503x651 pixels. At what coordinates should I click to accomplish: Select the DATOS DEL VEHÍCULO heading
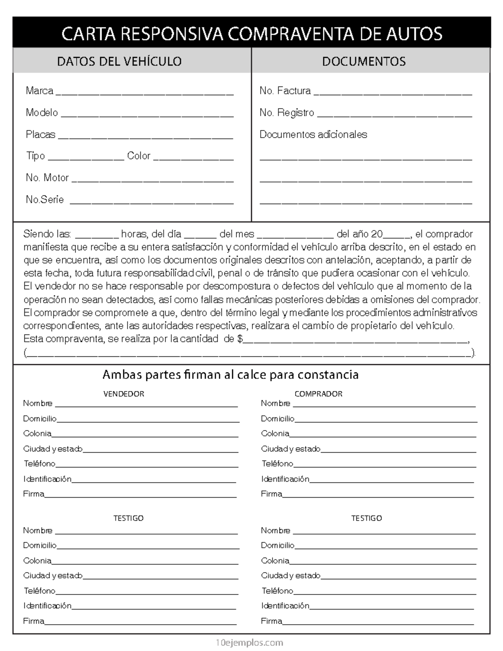coord(119,61)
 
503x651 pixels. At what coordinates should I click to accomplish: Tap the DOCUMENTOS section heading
coord(363,61)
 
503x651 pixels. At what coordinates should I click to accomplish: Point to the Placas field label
coord(40,135)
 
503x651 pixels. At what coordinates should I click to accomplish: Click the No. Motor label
coord(47,178)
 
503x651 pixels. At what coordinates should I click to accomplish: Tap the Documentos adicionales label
coord(313,135)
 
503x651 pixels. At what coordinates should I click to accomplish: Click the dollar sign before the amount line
coord(240,339)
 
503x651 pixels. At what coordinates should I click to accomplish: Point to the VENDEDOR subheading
coord(124,394)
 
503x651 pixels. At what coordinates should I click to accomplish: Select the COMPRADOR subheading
coord(318,394)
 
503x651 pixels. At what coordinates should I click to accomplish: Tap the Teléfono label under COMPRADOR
coord(277,464)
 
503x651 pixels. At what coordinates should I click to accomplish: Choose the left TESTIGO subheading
coord(128,518)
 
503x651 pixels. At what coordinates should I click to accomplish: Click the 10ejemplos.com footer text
coord(249,642)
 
